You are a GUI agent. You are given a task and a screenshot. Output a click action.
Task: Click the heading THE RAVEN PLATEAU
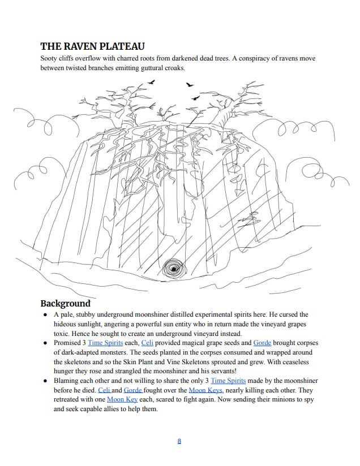(92, 46)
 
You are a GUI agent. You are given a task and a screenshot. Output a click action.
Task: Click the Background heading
(66, 304)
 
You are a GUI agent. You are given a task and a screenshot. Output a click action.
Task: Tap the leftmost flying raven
(152, 82)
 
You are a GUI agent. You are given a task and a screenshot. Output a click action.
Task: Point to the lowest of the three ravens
(195, 97)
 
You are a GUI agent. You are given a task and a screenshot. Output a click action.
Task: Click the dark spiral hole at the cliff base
(174, 269)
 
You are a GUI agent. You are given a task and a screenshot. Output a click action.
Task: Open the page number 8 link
(179, 441)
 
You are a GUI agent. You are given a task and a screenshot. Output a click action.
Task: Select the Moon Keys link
(205, 390)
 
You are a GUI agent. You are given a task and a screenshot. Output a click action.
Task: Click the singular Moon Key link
(122, 399)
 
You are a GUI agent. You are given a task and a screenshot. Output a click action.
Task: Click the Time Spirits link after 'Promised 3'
(105, 343)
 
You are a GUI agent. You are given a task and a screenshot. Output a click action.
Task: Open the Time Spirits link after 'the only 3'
(228, 381)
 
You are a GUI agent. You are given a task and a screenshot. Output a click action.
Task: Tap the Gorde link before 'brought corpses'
(262, 343)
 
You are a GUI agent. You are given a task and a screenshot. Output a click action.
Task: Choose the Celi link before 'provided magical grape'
(147, 343)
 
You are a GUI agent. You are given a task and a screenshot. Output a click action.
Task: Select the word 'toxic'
(61, 334)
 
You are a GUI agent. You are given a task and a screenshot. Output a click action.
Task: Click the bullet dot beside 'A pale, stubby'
(45, 314)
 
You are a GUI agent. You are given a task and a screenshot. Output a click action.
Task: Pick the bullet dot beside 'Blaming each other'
(45, 381)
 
